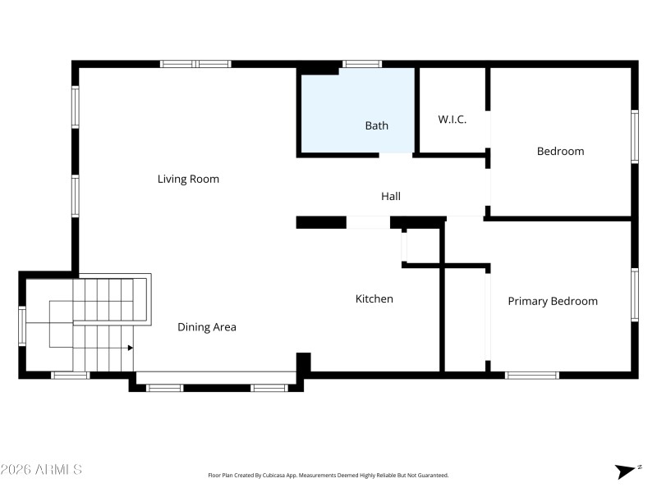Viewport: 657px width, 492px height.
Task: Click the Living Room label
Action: [x=188, y=179]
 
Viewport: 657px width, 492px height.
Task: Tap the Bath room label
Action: [x=376, y=125]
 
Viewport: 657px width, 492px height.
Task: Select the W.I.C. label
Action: [x=452, y=119]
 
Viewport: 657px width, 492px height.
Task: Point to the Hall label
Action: [x=390, y=196]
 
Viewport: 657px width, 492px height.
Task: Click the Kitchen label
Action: [x=374, y=298]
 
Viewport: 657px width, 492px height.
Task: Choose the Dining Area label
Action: [x=207, y=327]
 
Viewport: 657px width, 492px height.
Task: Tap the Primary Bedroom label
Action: [x=552, y=301]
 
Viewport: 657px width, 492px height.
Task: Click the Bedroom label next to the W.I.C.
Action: [x=560, y=151]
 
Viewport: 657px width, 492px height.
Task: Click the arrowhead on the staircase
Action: [x=130, y=348]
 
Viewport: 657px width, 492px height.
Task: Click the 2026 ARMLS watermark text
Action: [x=41, y=470]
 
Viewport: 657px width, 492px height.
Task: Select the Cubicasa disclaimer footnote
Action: [x=328, y=476]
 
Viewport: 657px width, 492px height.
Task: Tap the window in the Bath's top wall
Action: [x=361, y=63]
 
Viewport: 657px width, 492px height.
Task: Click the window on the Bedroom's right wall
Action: [x=634, y=137]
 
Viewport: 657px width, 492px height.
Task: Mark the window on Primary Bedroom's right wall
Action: [x=634, y=294]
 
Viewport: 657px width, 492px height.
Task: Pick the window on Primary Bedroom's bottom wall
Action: [x=531, y=375]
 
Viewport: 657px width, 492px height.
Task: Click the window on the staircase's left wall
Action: [x=22, y=326]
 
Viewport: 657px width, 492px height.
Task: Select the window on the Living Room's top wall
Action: [x=195, y=63]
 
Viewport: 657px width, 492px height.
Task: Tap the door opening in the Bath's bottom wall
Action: [x=396, y=154]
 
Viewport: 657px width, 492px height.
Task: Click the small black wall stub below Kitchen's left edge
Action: [x=303, y=362]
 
